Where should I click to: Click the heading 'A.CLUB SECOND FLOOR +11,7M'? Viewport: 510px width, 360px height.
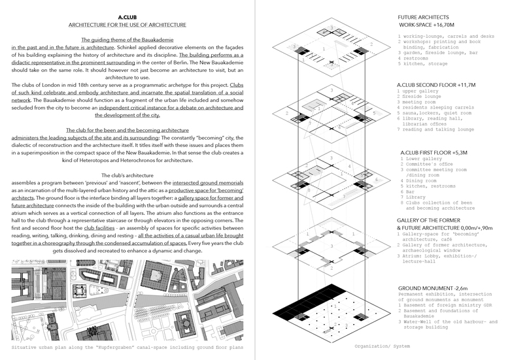click(x=436, y=85)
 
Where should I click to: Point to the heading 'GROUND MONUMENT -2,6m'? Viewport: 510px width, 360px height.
click(x=435, y=288)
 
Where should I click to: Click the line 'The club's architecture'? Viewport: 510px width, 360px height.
click(x=127, y=176)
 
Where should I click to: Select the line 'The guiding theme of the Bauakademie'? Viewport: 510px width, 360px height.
click(x=127, y=40)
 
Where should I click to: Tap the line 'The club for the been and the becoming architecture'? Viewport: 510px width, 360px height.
click(x=127, y=130)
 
